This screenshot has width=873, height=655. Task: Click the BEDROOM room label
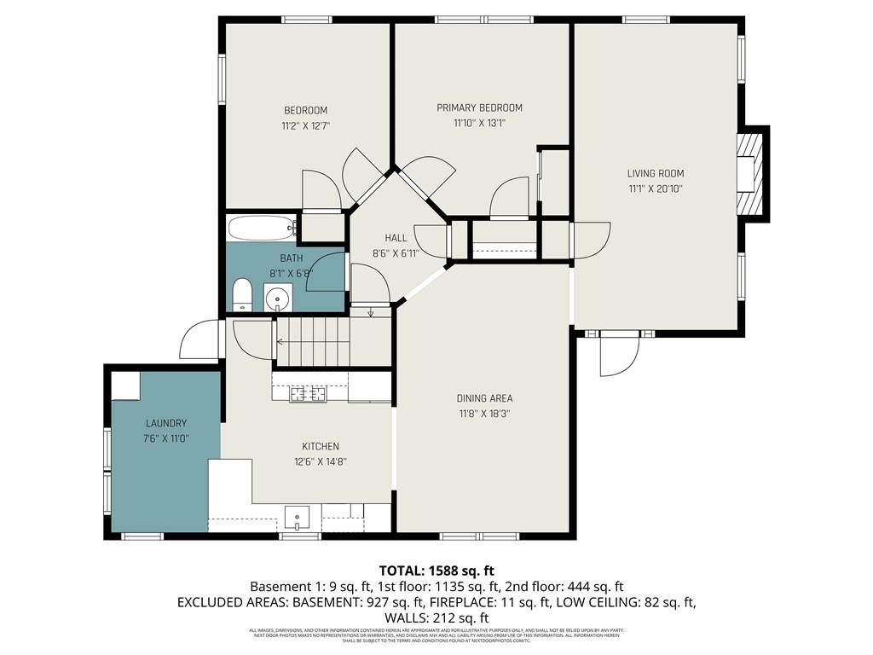(x=305, y=110)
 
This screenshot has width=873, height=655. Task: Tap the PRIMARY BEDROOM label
(x=479, y=107)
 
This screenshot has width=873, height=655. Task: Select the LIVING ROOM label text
(x=655, y=173)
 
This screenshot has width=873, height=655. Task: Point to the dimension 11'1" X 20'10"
(x=655, y=188)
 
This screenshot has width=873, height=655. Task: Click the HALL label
(x=396, y=238)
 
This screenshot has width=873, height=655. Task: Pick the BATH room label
(x=292, y=258)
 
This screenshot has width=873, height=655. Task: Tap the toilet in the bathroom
(x=243, y=295)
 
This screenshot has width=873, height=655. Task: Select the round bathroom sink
(x=277, y=299)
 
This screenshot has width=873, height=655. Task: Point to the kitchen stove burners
(x=308, y=393)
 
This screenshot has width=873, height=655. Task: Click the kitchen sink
(x=298, y=517)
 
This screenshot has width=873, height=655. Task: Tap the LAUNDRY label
(x=165, y=423)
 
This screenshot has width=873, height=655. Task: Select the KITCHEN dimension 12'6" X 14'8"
(x=320, y=461)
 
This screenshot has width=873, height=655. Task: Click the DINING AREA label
(x=484, y=398)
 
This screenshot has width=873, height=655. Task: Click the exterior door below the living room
(x=618, y=354)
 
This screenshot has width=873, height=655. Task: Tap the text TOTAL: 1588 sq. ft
(x=436, y=571)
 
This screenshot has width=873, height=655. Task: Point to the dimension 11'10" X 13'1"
(x=479, y=123)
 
